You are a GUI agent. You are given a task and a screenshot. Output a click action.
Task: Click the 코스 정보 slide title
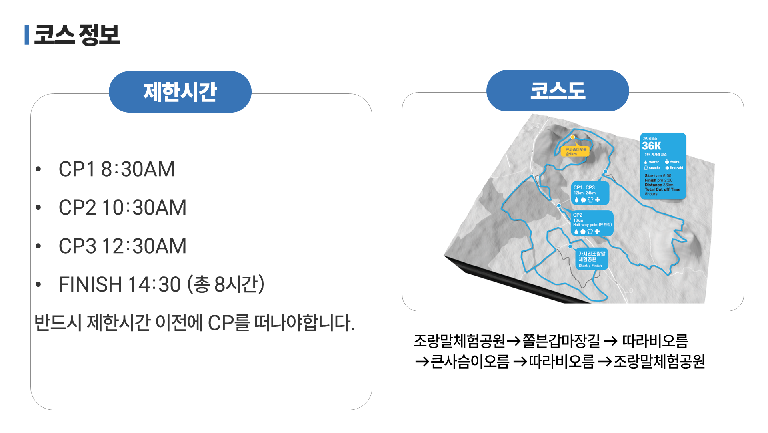[x=77, y=35]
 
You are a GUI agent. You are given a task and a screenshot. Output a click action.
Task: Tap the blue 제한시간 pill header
[x=180, y=92]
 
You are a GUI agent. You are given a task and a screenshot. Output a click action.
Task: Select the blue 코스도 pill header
[x=557, y=91]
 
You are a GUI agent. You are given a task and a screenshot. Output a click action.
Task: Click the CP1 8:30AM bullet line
[x=116, y=169]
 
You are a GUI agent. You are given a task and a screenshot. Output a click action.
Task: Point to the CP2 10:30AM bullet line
[x=122, y=207]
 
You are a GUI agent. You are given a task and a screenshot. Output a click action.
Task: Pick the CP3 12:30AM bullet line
[x=122, y=246]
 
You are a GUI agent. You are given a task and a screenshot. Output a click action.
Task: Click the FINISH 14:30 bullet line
[x=161, y=284]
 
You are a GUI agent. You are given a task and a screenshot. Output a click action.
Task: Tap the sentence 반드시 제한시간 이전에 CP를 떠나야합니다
[x=194, y=323]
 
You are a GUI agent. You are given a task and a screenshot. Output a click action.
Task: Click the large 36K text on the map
[x=651, y=146]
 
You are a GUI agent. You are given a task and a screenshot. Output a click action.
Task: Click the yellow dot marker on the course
[x=573, y=137]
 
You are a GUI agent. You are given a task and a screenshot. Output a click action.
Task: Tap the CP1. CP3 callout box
[x=590, y=193]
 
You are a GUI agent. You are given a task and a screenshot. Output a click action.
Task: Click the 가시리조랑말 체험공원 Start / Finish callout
[x=592, y=259]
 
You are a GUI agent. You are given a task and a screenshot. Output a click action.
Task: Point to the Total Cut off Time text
[x=662, y=189]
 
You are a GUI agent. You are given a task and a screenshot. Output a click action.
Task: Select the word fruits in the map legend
[x=674, y=162]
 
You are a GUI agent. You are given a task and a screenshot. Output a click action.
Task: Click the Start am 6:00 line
[x=658, y=176]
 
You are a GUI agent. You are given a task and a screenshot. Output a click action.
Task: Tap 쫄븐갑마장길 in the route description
[x=561, y=341]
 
